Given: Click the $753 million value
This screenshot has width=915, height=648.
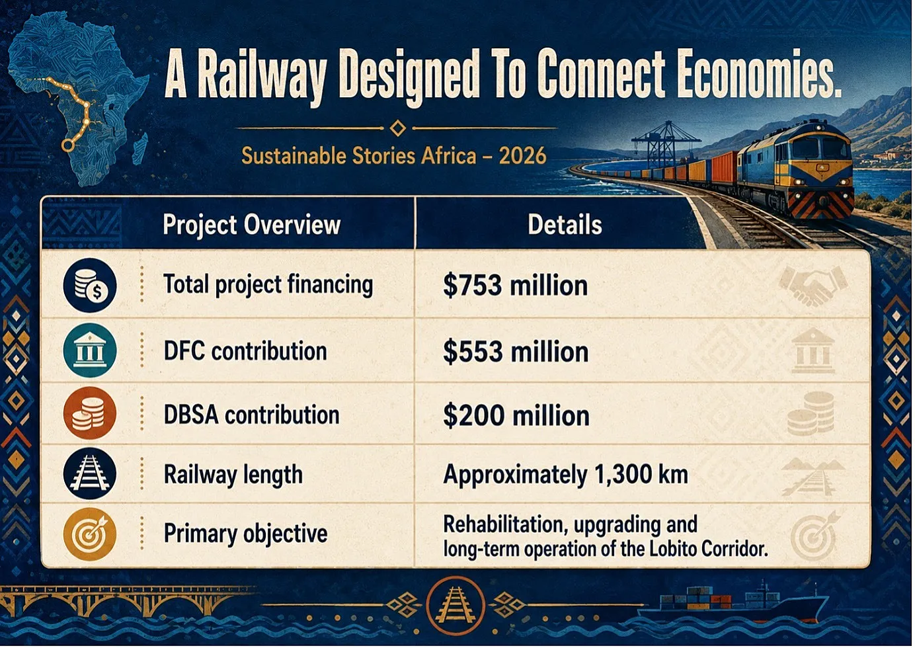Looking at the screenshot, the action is point(515,285).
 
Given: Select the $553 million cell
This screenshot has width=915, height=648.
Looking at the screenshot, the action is point(516,352).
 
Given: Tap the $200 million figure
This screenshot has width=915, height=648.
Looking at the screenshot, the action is point(516,415).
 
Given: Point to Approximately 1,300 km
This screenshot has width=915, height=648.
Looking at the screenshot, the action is point(565,475).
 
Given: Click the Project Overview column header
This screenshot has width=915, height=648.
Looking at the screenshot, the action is point(252,225).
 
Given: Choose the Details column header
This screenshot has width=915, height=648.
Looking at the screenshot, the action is point(565,224).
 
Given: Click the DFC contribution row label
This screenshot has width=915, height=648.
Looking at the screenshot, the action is point(245,351).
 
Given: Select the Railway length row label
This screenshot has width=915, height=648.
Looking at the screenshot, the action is point(233,475).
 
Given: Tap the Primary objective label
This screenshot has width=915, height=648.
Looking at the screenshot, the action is point(245,534).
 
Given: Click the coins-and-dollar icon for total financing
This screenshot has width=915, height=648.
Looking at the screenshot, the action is point(90,285).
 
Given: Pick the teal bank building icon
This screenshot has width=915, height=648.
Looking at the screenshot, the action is point(90,350).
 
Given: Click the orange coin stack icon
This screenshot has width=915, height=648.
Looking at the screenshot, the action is point(90,413).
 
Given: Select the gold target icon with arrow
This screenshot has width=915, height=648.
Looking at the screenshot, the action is point(90,534).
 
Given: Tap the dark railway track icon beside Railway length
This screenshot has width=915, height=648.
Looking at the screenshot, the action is point(90,474).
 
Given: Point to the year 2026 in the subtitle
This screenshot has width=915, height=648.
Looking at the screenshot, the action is point(522,156).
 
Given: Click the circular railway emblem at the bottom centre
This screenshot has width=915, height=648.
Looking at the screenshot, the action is point(455,606).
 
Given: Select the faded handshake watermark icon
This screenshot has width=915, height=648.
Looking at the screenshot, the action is point(813,286).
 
